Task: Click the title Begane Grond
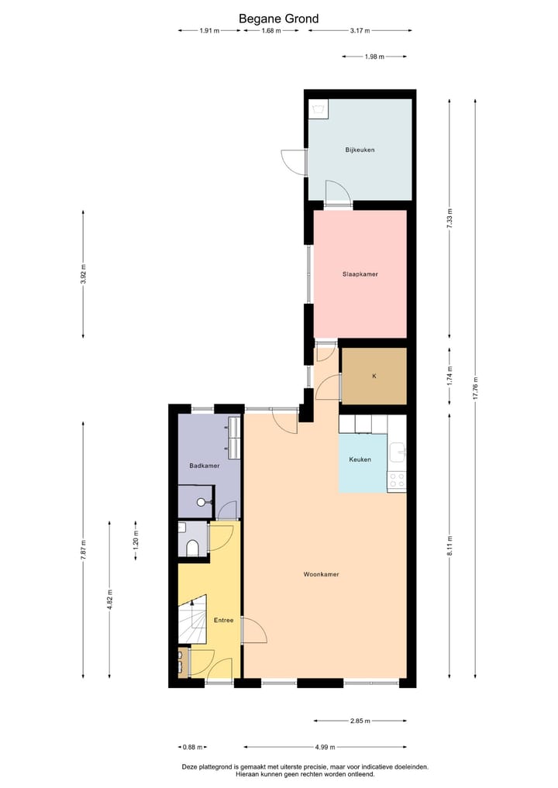point(278,19)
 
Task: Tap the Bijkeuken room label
point(360,150)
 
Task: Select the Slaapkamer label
point(360,274)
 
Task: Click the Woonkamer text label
point(321,574)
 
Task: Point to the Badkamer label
point(205,466)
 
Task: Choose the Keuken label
point(360,459)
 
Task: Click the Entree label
point(223,621)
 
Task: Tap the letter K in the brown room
point(374,377)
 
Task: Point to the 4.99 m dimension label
point(325,748)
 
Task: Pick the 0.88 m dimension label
point(191,748)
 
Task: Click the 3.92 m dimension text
point(84,275)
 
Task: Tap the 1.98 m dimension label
point(374,57)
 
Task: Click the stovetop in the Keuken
point(397,480)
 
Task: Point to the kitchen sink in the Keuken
point(398,451)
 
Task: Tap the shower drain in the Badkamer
point(201,502)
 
